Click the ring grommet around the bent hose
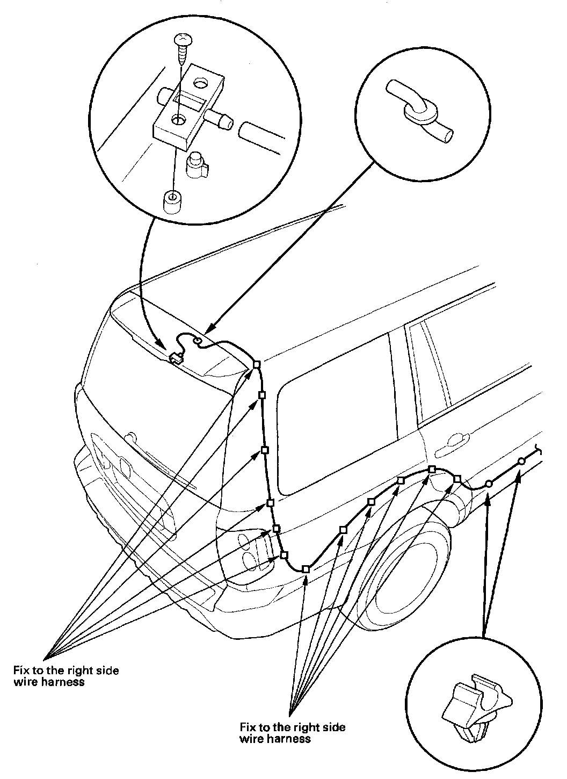pyautogui.click(x=420, y=111)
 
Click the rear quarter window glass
pyautogui.click(x=328, y=430)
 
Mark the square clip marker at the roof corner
pyautogui.click(x=257, y=364)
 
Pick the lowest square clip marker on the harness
pyautogui.click(x=306, y=568)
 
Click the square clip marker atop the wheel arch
pyautogui.click(x=432, y=470)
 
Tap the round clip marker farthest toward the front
pyautogui.click(x=521, y=461)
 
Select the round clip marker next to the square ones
pyautogui.click(x=488, y=484)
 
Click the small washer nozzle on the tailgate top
pyautogui.click(x=175, y=358)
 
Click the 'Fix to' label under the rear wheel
pyautogui.click(x=292, y=733)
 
